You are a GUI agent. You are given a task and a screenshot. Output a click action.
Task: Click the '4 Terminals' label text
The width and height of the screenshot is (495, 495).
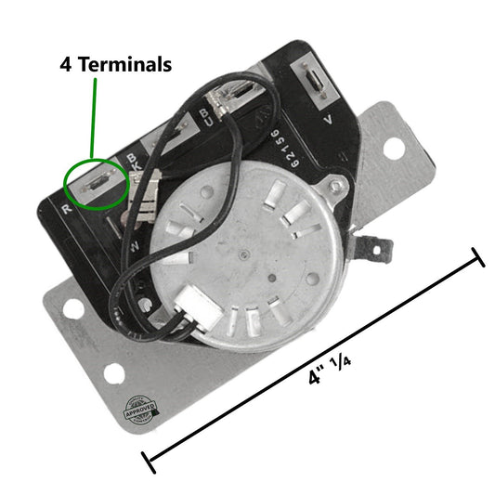(116, 65)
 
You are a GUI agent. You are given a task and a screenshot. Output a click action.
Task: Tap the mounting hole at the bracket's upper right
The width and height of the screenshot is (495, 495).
(394, 147)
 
